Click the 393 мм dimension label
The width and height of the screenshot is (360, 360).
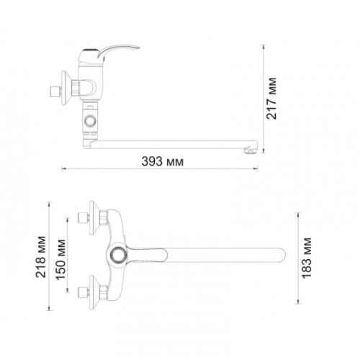coord(163,161)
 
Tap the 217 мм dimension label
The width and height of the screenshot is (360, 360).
coord(271,99)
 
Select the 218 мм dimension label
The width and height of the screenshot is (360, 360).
coord(40,257)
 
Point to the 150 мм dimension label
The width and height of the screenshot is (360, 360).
coord(60,259)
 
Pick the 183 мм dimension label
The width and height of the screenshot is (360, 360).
coord(307,258)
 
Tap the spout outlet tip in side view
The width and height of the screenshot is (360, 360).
coord(251,150)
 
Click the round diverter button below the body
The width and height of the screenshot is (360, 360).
coord(90,121)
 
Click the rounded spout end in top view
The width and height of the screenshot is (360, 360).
coord(281,255)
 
